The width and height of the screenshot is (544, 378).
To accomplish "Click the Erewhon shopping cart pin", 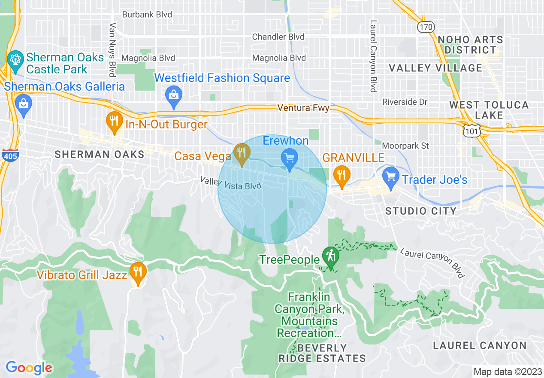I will tap(290, 159).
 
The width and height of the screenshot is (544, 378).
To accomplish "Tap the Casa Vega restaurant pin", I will tap(242, 153).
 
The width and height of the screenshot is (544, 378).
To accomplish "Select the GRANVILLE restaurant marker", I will tap(342, 175).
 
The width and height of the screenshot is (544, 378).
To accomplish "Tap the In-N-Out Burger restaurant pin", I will tap(114, 122).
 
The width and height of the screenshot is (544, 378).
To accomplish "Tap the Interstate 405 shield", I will tap(9, 155).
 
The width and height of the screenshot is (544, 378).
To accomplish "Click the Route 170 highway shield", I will tap(426, 27).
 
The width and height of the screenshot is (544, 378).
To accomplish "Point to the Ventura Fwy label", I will tap(303, 108).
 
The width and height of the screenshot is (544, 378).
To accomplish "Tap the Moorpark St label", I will tap(405, 146).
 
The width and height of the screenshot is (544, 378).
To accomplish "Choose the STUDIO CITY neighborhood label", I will tap(421, 211).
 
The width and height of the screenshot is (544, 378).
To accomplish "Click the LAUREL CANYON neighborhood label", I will tap(480, 345).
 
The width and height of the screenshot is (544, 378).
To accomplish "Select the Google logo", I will tap(29, 368).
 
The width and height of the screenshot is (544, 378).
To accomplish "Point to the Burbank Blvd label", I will tap(147, 15).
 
